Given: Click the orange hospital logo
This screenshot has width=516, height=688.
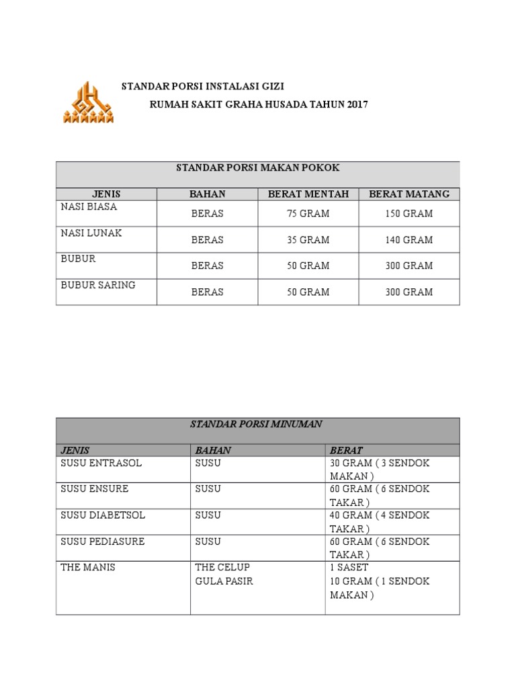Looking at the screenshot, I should click(x=88, y=103).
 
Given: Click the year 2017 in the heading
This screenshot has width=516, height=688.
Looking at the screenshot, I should click(x=356, y=105).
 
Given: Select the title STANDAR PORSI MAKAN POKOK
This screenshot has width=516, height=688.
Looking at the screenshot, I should click(x=257, y=167).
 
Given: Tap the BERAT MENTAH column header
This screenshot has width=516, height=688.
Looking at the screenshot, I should click(x=308, y=194).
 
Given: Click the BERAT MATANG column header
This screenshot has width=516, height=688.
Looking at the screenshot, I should click(x=409, y=194).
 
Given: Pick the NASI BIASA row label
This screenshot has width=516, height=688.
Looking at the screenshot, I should click(x=89, y=207).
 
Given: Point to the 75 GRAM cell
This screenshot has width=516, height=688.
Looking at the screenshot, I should click(x=308, y=214).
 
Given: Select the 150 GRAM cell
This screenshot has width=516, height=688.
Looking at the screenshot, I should click(x=409, y=214).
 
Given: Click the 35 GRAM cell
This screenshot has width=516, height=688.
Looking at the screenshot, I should click(x=308, y=240).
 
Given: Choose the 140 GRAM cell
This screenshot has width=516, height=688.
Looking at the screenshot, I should click(x=409, y=240).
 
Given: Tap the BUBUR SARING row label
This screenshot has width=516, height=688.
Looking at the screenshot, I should click(x=98, y=286).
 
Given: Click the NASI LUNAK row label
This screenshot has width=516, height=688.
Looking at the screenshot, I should click(x=91, y=233).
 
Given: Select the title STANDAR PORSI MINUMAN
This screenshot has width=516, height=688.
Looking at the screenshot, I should click(x=257, y=425).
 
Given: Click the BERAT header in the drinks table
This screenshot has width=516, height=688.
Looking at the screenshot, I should click(x=346, y=450).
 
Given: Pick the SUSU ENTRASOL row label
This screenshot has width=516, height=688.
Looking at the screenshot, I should click(x=101, y=464).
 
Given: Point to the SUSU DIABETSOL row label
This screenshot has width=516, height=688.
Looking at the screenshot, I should click(x=103, y=515).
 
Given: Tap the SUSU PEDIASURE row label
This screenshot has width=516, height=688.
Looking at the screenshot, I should click(x=103, y=542).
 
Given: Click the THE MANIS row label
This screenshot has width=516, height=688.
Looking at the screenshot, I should click(x=88, y=568).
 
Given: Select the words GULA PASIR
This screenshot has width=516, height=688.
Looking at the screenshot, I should click(x=224, y=581).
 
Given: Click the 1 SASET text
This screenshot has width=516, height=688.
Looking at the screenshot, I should click(x=349, y=568).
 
